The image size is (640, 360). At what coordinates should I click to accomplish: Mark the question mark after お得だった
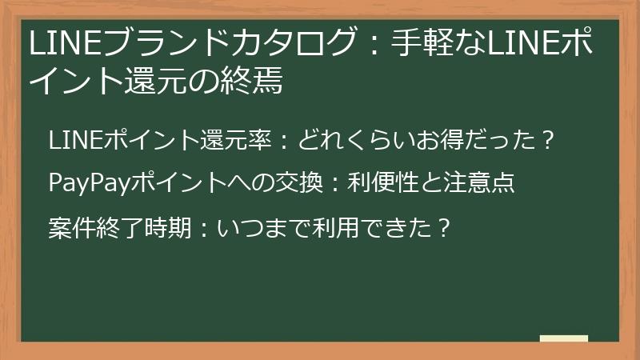[x=546, y=140]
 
